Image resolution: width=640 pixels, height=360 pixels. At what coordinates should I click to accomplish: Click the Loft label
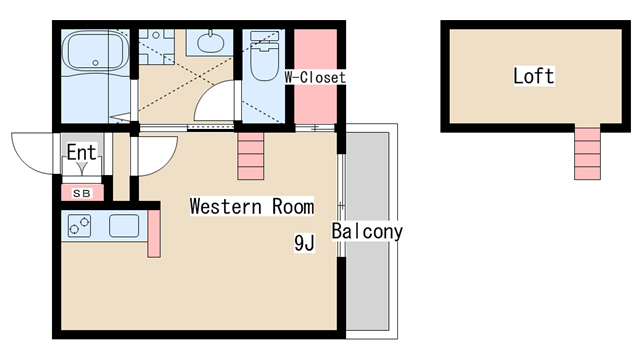tap(533, 76)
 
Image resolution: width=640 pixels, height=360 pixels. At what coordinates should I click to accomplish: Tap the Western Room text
tap(252, 206)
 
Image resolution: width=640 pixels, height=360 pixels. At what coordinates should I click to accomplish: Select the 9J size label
tap(304, 243)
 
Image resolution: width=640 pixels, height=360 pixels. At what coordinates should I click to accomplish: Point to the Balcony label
tap(367, 231)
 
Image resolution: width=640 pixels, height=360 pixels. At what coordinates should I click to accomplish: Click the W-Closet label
tap(315, 77)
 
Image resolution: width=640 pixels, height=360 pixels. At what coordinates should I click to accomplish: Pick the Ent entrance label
tap(82, 152)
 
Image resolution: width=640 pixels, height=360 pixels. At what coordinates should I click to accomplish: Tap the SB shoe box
tap(82, 193)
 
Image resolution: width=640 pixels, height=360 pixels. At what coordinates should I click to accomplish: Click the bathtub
tap(96, 52)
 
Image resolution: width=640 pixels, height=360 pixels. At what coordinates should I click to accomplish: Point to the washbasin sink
tap(210, 42)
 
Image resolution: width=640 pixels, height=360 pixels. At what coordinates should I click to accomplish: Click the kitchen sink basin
tap(124, 226)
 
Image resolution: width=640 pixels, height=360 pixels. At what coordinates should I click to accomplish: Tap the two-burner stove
tap(79, 226)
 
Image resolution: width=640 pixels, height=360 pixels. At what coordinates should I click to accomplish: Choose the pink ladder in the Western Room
tap(251, 156)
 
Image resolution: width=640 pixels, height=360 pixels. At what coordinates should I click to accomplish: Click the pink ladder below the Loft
tap(587, 152)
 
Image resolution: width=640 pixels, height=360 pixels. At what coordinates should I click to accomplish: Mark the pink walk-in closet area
tap(316, 76)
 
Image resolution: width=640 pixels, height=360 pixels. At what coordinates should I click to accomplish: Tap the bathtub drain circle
tap(96, 63)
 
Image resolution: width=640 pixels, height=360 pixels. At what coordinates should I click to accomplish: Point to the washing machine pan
tap(156, 46)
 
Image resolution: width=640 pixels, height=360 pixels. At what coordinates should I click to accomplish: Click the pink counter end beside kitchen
tap(154, 233)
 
